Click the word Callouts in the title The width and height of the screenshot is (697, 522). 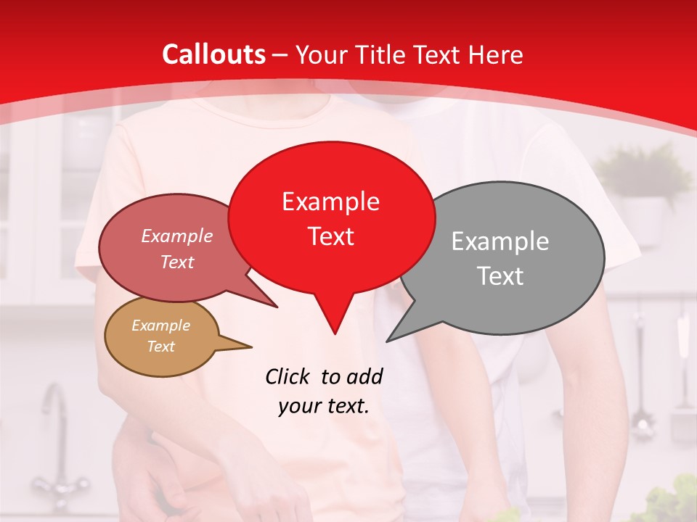point(213,54)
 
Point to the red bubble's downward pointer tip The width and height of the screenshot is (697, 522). point(335,333)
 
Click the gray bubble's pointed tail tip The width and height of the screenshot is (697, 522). point(388,341)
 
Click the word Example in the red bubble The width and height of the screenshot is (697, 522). point(330,202)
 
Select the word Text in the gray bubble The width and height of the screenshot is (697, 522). point(500,276)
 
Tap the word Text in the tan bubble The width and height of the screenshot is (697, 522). point(160,347)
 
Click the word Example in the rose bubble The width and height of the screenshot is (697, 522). point(176,236)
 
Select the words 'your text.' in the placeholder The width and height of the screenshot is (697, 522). point(323,406)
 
